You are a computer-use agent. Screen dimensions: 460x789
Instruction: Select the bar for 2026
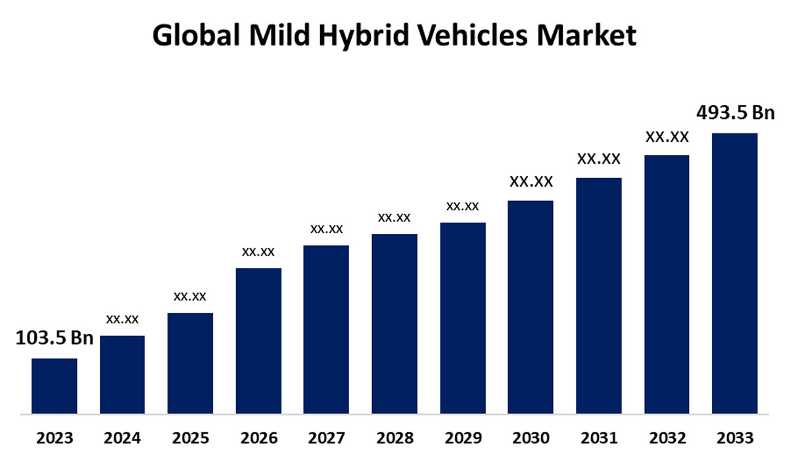[x=258, y=342]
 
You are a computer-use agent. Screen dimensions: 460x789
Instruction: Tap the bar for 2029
[x=463, y=319]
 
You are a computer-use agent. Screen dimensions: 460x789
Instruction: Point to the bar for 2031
[x=599, y=296]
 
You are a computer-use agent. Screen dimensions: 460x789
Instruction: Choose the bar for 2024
[x=122, y=375]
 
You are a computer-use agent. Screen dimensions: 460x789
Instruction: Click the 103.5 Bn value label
[x=54, y=338]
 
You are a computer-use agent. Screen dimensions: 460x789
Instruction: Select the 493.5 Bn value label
[x=736, y=113]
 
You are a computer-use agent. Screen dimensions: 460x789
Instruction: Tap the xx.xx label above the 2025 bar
[x=190, y=296]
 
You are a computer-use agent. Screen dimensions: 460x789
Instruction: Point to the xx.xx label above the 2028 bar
[x=394, y=218]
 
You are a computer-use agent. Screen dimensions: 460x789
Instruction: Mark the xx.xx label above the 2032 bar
[x=667, y=137]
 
